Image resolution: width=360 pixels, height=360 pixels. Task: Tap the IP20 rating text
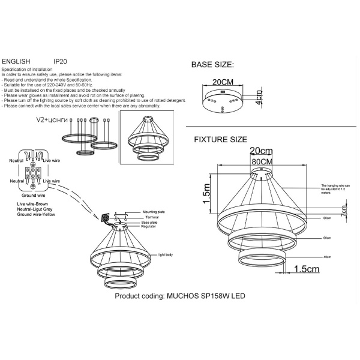61,62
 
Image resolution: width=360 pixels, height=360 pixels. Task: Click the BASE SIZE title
212,64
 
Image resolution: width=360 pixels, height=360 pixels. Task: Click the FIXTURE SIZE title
220,139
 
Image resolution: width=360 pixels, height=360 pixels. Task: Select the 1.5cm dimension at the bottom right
307,269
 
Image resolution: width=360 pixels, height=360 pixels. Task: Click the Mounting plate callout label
154,212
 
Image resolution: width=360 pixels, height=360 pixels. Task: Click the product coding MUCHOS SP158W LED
180,296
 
